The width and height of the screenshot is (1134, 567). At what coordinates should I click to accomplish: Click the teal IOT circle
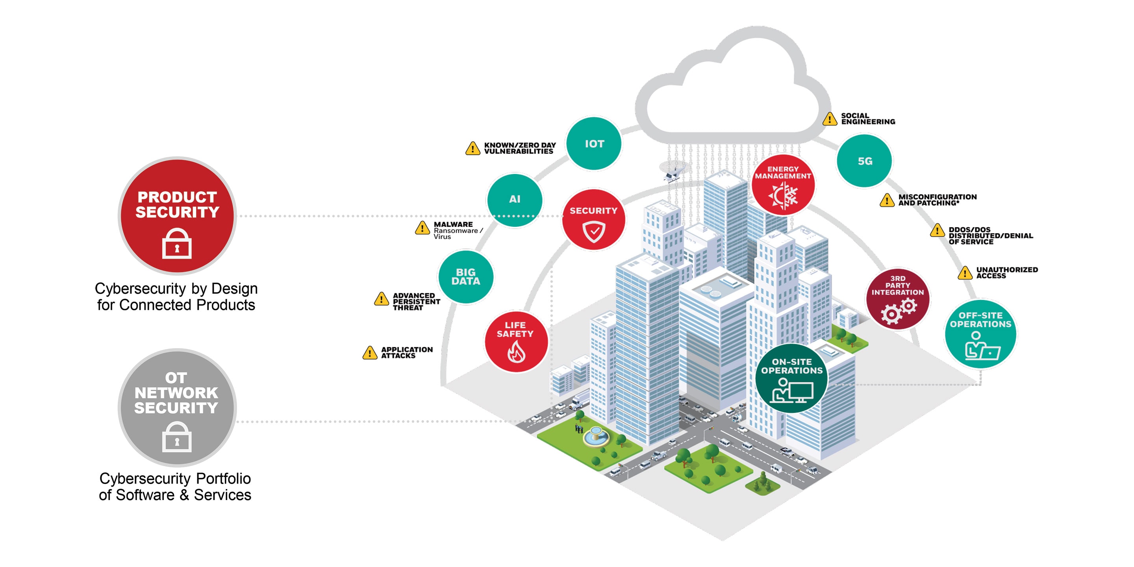[593, 143]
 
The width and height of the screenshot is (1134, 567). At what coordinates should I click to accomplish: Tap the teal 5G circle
[864, 161]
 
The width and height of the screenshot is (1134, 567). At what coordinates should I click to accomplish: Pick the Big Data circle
[466, 277]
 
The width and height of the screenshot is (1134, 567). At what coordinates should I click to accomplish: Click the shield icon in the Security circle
[594, 232]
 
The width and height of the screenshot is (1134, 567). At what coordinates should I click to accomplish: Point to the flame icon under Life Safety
[516, 352]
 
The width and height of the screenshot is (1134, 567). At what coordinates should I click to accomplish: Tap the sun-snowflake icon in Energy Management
[783, 195]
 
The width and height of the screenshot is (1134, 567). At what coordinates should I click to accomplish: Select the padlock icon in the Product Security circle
[177, 243]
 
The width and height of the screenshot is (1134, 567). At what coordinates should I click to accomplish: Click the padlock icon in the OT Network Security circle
[177, 437]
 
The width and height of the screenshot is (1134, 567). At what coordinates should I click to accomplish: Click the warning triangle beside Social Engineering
[830, 119]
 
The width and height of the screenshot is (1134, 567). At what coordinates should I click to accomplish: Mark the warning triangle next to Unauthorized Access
[965, 272]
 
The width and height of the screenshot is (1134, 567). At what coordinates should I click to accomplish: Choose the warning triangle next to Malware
[422, 228]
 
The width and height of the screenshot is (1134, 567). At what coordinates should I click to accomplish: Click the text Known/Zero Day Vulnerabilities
[520, 148]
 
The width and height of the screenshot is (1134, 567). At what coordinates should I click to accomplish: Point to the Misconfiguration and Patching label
[938, 200]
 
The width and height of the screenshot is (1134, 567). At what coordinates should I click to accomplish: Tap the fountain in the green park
[596, 436]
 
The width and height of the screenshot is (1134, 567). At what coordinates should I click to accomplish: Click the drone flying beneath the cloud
[672, 172]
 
